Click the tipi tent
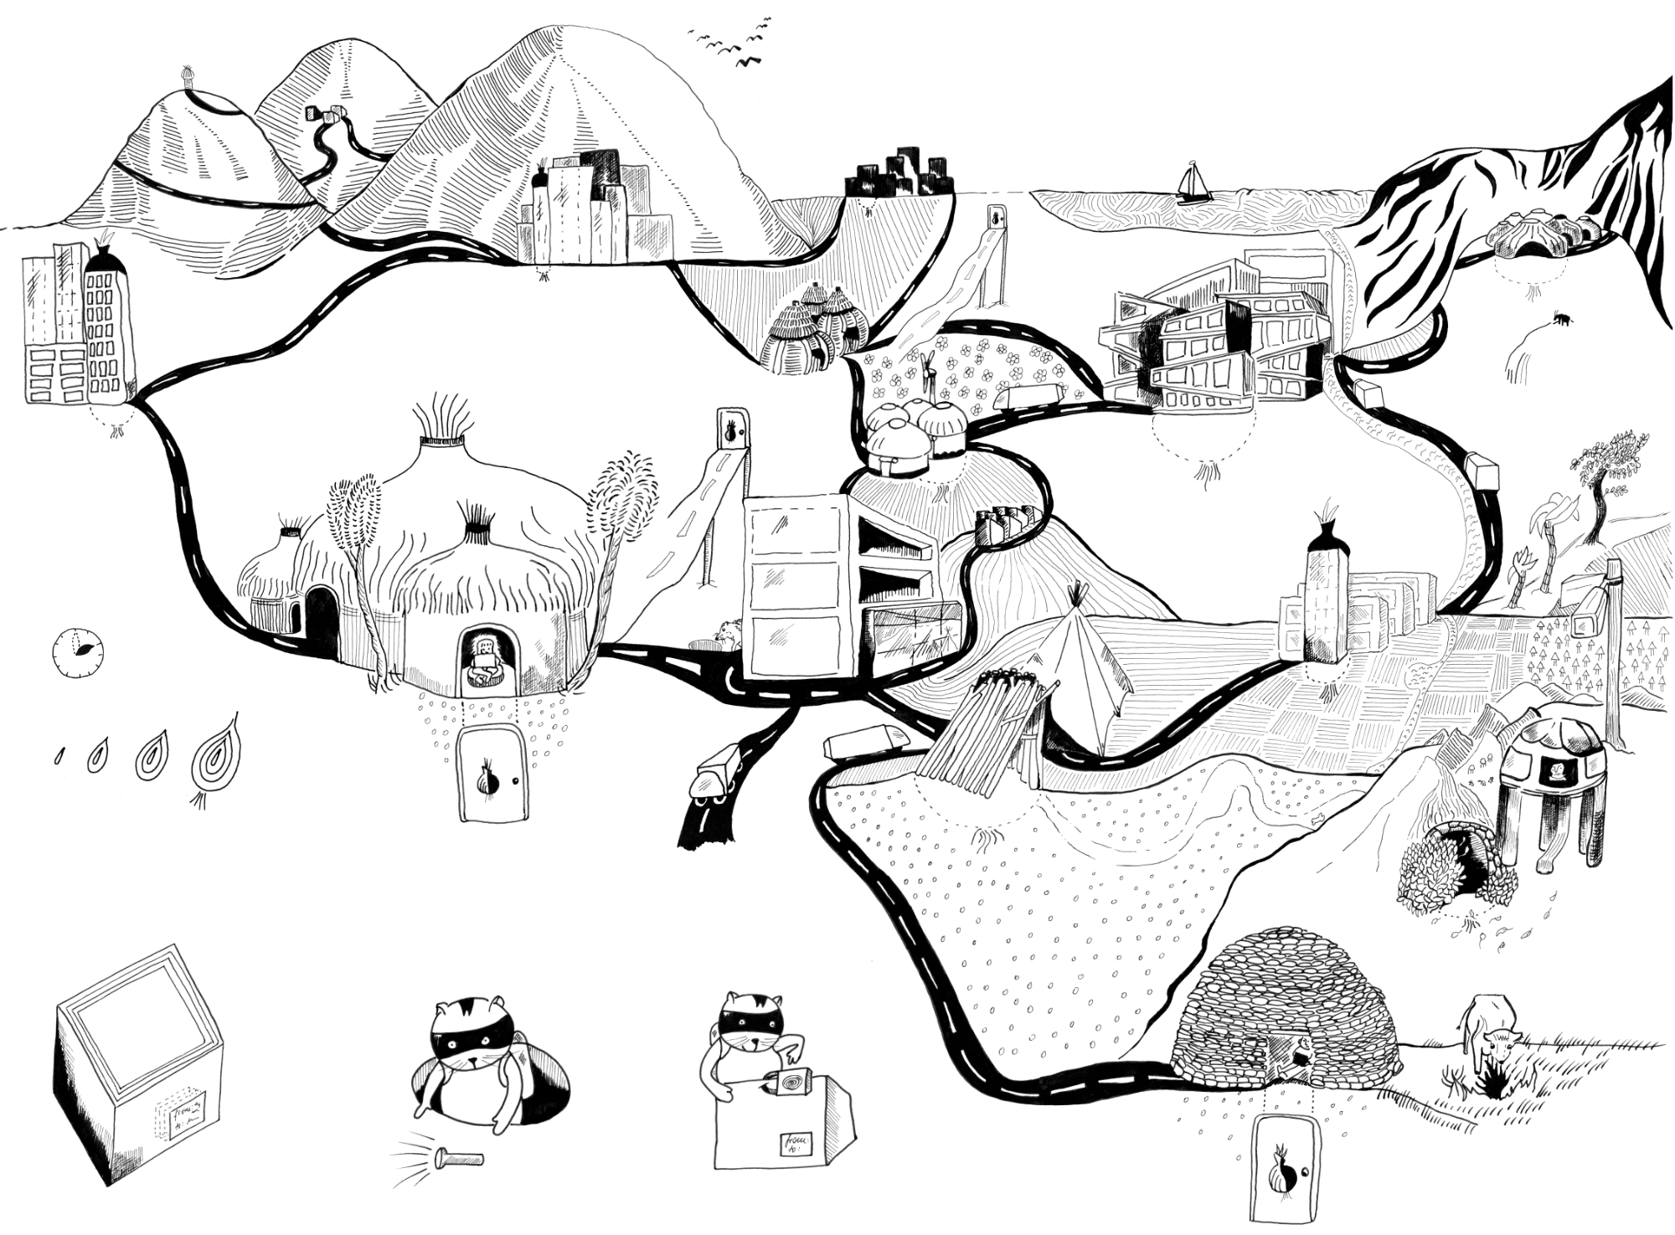(x=1085, y=670)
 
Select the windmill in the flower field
(x=928, y=368)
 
